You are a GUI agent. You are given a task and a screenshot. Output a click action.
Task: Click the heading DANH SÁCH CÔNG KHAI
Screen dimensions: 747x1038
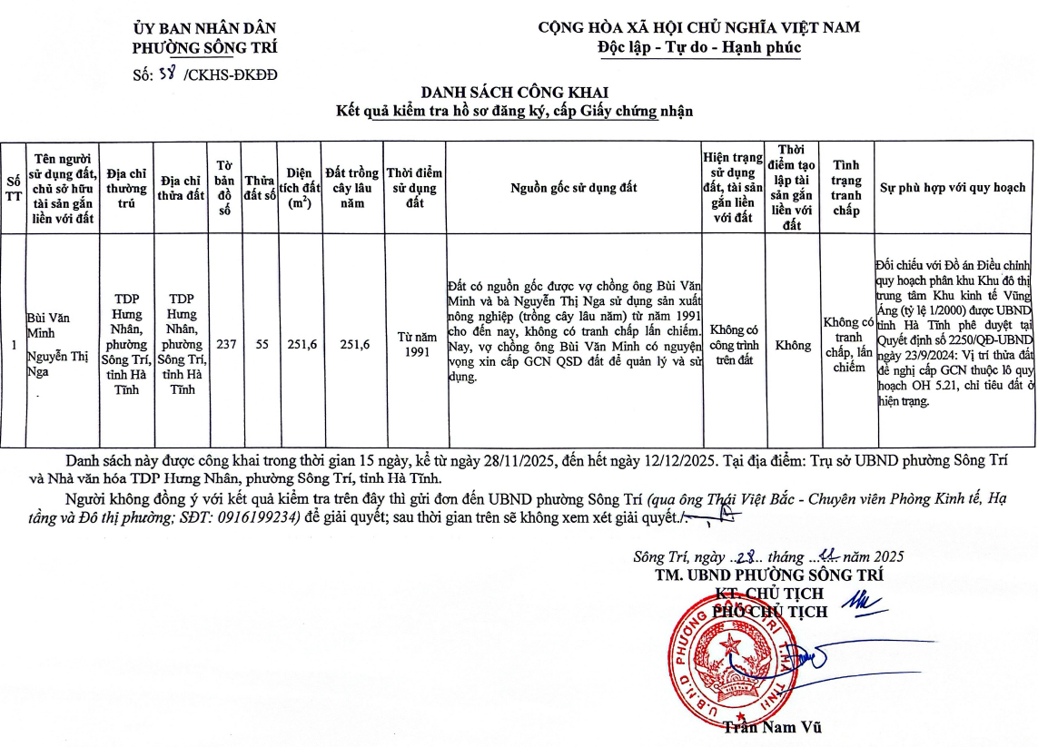point(514,93)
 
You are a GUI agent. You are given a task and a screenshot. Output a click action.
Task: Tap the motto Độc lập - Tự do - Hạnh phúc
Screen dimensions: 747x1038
point(699,47)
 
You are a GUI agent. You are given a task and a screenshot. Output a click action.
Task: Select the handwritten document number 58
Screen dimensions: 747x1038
point(167,74)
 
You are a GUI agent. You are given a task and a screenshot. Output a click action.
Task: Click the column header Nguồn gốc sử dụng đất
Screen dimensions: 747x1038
point(573,188)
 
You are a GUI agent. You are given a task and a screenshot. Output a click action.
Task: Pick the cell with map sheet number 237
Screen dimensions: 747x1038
point(225,345)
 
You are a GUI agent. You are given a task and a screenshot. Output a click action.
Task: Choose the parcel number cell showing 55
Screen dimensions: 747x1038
point(261,345)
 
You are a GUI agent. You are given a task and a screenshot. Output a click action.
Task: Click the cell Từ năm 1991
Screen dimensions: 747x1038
point(415,345)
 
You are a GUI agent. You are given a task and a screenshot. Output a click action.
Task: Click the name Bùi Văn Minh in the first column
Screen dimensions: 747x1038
point(47,326)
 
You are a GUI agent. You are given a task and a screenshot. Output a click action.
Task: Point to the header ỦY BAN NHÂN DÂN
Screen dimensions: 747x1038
point(204,28)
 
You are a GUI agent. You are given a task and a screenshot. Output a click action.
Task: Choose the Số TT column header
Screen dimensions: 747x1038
point(13,188)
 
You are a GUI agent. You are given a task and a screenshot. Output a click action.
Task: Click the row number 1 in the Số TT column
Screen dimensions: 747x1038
point(13,345)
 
